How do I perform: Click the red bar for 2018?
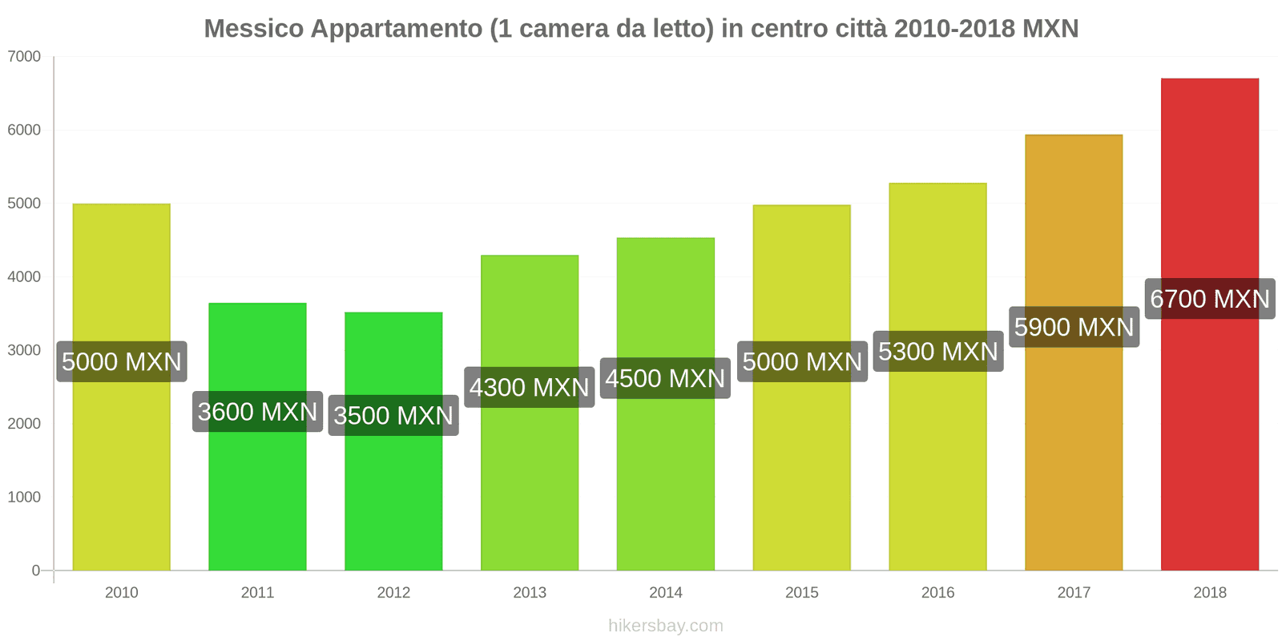(x=1209, y=441)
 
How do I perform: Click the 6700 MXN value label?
(x=1209, y=299)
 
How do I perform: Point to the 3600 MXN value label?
(x=257, y=412)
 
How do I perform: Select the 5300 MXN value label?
(x=937, y=352)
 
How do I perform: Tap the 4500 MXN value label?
(x=665, y=378)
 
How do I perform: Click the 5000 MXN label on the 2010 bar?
(x=122, y=361)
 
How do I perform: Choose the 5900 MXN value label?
(x=1074, y=327)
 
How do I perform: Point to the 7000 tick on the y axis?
(x=24, y=56)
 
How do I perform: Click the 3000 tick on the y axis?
(x=24, y=350)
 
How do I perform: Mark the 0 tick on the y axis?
(x=35, y=570)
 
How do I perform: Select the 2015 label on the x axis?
(x=801, y=592)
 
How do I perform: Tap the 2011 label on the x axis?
(x=257, y=592)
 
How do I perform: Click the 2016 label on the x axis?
(x=937, y=592)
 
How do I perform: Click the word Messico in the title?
(x=253, y=29)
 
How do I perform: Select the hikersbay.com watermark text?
(x=665, y=626)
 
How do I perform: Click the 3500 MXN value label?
(x=393, y=416)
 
